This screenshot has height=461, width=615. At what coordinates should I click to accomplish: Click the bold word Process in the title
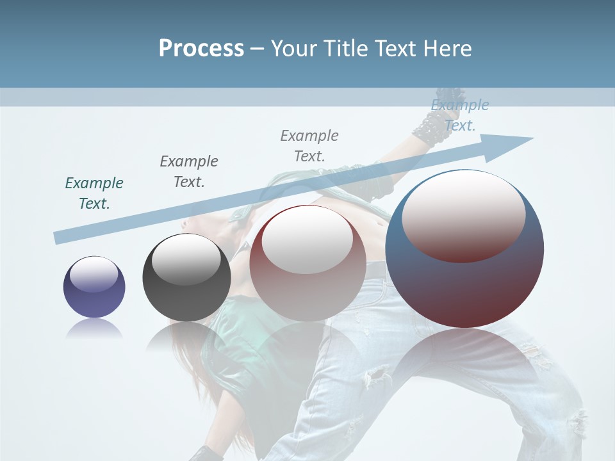pos(201,49)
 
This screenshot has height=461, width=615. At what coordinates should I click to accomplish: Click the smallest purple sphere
pos(94,287)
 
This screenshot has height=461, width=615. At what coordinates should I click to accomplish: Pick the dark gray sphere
pos(186,278)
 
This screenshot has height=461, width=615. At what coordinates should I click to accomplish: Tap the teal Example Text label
pos(94,193)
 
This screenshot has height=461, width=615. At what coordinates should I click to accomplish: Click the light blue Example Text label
pos(459,115)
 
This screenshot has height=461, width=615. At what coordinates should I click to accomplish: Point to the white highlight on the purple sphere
pos(94,274)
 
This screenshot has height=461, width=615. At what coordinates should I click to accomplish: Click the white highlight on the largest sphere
pos(463,217)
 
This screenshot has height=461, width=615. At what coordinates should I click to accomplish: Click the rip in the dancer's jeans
pos(378,375)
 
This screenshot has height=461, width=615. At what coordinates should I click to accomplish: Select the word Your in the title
pos(298,49)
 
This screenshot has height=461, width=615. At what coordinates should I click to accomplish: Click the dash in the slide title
pos(258,49)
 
